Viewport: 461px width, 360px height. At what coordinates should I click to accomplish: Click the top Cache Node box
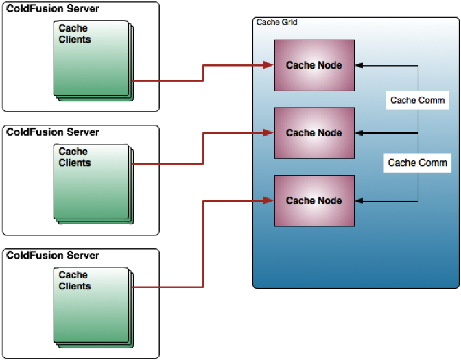click(x=314, y=65)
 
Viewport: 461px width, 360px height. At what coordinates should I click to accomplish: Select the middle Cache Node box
click(x=314, y=133)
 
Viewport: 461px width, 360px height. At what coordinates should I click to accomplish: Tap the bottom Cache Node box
click(x=314, y=200)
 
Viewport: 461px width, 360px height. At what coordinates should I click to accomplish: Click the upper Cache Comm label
click(x=417, y=100)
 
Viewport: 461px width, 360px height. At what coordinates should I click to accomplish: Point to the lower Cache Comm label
click(x=417, y=163)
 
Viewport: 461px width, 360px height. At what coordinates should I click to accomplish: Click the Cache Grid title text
click(x=276, y=23)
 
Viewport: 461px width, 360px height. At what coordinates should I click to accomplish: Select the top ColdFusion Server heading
click(x=53, y=9)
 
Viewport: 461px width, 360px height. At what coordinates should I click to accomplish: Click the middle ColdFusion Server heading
click(x=53, y=132)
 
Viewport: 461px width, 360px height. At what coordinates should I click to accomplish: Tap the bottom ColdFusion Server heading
click(x=53, y=255)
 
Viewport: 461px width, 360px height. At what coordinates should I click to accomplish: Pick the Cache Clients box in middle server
click(x=93, y=182)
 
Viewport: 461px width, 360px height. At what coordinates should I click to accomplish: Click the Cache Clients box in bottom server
click(x=93, y=306)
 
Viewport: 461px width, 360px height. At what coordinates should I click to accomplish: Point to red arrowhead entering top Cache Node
click(x=270, y=65)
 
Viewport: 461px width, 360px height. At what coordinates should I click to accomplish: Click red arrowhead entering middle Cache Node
click(x=270, y=133)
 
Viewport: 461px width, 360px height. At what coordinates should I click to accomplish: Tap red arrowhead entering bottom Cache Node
click(x=270, y=200)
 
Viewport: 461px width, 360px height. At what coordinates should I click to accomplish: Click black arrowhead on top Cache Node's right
click(x=359, y=66)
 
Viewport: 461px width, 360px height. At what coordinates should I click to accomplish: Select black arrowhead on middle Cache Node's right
click(x=359, y=133)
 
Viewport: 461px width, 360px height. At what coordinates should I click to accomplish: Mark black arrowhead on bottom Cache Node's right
click(x=359, y=201)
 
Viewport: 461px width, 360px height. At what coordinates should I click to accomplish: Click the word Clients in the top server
click(x=75, y=40)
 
